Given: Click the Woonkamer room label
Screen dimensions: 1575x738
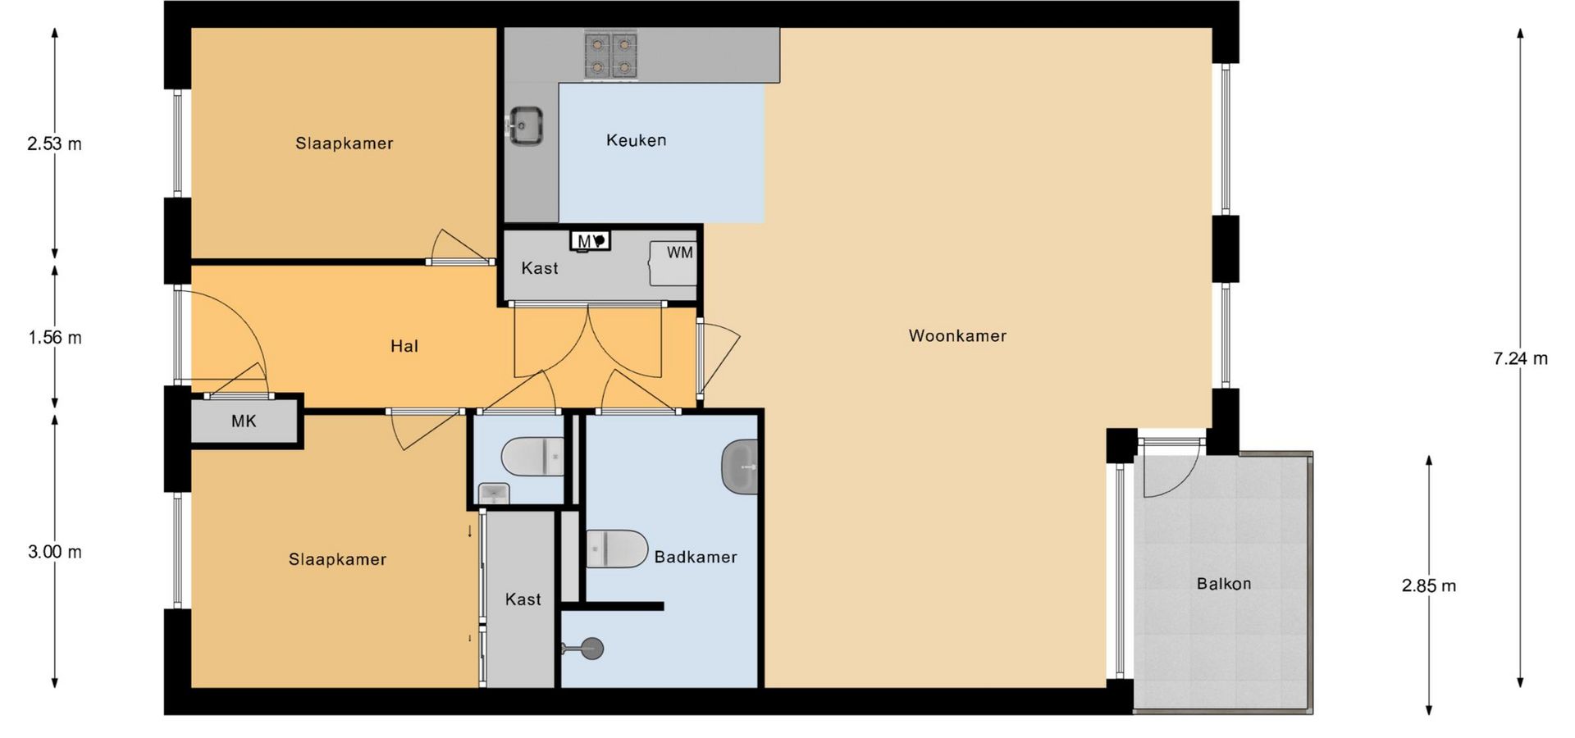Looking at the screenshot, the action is (x=957, y=335).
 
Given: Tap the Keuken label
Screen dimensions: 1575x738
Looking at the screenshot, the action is (x=636, y=140).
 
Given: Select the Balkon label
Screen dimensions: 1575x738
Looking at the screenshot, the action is (x=1224, y=584).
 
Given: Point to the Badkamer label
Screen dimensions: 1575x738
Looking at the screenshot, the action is (x=696, y=557).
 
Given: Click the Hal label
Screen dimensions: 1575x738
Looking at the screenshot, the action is (x=404, y=346).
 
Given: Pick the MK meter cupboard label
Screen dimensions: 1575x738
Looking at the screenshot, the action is (x=244, y=421).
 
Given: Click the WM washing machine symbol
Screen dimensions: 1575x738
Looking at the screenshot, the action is (x=673, y=263).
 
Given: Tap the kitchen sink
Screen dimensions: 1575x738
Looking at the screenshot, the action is (x=525, y=126).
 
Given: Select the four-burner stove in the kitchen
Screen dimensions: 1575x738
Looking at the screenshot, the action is (x=611, y=55).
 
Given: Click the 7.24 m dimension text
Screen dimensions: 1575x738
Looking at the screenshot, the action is (x=1520, y=358).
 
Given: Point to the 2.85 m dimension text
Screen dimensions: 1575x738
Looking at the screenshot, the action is (x=1428, y=585).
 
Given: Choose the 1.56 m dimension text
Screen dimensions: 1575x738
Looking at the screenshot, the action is (x=55, y=337).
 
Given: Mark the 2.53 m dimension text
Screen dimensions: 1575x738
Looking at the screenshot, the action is (x=55, y=143).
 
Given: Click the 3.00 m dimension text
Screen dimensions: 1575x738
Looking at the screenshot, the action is (x=55, y=552).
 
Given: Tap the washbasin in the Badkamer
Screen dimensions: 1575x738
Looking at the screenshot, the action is (x=740, y=467).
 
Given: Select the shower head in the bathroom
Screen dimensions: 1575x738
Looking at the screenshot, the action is (x=591, y=649).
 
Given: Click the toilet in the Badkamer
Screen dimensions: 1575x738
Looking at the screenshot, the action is (x=617, y=549).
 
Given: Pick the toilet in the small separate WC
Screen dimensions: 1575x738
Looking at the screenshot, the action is (x=532, y=457).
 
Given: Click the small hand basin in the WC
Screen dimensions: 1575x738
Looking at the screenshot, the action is (x=494, y=494).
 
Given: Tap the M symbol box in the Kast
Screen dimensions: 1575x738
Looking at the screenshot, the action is (x=591, y=241).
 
